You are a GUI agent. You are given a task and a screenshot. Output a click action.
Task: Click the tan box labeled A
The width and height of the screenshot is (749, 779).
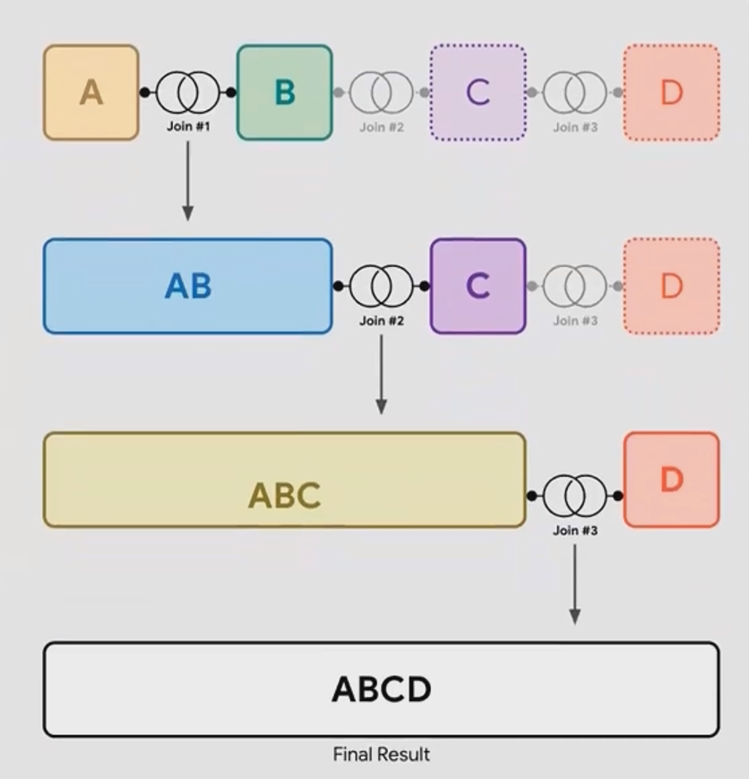[90, 92]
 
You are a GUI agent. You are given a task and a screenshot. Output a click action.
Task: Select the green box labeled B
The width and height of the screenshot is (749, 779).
[284, 92]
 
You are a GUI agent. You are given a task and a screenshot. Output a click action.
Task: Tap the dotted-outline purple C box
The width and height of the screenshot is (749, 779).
[478, 92]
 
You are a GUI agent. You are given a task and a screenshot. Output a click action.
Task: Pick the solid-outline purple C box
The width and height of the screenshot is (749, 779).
[478, 286]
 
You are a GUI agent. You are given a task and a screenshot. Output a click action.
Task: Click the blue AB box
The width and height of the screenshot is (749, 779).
[187, 286]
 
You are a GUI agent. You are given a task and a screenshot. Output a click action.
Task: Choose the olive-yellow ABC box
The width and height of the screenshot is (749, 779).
[284, 480]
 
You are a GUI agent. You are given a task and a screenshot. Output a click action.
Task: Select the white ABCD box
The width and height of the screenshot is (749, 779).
[381, 689]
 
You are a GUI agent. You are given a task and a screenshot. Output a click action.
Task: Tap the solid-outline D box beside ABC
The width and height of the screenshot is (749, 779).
[671, 480]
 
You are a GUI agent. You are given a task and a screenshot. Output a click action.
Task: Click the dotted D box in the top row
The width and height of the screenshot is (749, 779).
[671, 92]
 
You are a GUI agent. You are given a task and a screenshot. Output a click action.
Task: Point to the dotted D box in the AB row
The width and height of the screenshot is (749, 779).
[671, 286]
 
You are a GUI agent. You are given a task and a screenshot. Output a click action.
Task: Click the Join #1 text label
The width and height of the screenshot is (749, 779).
[188, 126]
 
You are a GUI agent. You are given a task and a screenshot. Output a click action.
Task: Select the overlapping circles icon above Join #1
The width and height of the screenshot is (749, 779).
[188, 92]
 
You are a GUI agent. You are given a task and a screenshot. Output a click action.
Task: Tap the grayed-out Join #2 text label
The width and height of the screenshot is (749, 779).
[382, 127]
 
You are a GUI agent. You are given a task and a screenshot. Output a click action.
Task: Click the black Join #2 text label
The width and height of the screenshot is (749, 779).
[382, 320]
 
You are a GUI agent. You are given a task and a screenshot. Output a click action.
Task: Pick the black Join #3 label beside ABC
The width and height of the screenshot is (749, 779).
[575, 530]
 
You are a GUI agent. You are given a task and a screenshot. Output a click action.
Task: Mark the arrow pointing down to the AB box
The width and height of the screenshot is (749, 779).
[187, 179]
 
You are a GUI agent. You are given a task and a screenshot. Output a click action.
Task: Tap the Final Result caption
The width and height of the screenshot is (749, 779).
[381, 754]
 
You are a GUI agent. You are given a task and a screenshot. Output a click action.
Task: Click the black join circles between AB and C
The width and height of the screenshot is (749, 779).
[382, 286]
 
